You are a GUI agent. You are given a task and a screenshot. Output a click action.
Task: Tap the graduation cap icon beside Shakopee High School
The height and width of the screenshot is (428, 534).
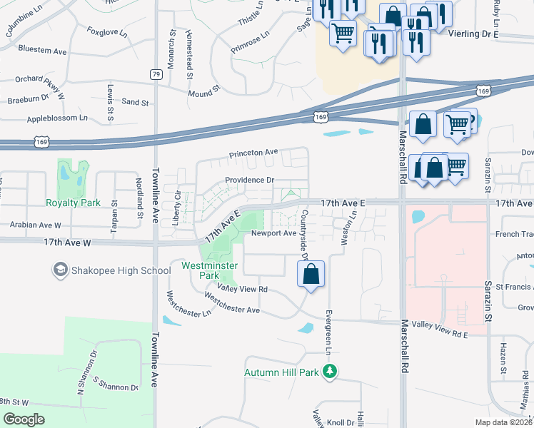61,270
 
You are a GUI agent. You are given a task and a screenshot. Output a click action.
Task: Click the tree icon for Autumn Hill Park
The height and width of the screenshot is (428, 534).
329,372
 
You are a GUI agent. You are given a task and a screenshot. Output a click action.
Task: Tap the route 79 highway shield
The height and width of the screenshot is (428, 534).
156,73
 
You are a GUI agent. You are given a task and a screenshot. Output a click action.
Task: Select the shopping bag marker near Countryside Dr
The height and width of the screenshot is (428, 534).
311,275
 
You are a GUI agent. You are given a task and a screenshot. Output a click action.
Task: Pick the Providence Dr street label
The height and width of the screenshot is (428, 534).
249,180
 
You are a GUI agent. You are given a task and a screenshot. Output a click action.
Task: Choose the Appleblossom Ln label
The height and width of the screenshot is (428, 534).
56,117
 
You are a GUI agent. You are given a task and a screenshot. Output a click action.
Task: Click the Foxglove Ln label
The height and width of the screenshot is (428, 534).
107,33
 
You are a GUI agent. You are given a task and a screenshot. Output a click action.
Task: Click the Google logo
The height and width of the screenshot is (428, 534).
24,419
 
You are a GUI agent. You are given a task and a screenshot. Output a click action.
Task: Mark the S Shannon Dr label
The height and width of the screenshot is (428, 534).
114,386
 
